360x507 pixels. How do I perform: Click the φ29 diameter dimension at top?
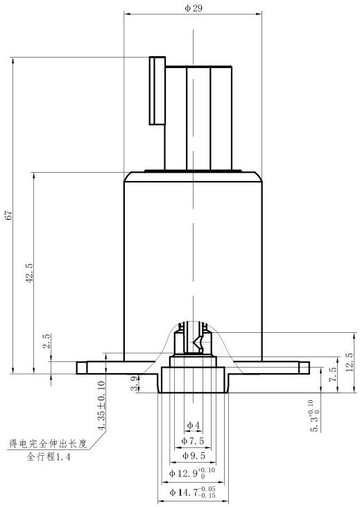coord(194,8)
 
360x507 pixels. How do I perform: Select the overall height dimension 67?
coord(9,215)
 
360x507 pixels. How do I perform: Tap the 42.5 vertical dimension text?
coord(30,273)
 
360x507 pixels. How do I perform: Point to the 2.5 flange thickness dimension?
coord(47,341)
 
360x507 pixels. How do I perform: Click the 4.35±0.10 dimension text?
coord(101,406)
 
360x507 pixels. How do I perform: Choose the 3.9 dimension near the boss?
coord(135,383)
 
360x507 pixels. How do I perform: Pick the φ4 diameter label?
coord(194,425)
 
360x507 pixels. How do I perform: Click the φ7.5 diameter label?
coord(193,440)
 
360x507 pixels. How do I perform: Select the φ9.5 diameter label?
coord(194,456)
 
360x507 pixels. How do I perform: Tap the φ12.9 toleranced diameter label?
coord(192,473)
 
